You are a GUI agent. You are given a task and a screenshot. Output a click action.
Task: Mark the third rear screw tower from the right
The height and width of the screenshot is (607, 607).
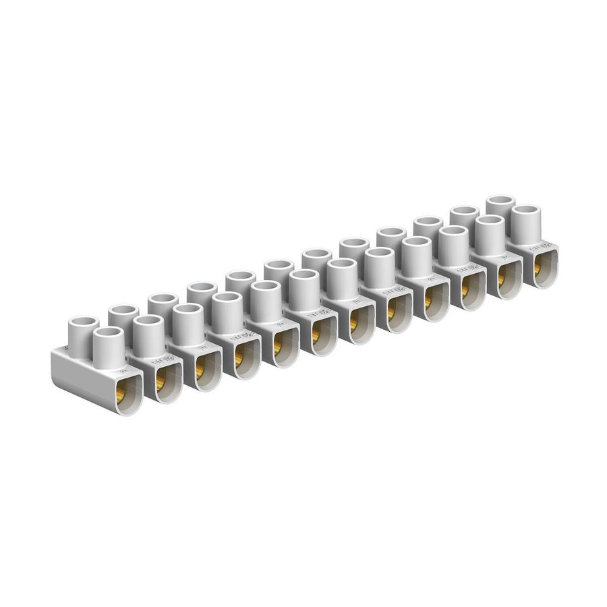428,229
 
